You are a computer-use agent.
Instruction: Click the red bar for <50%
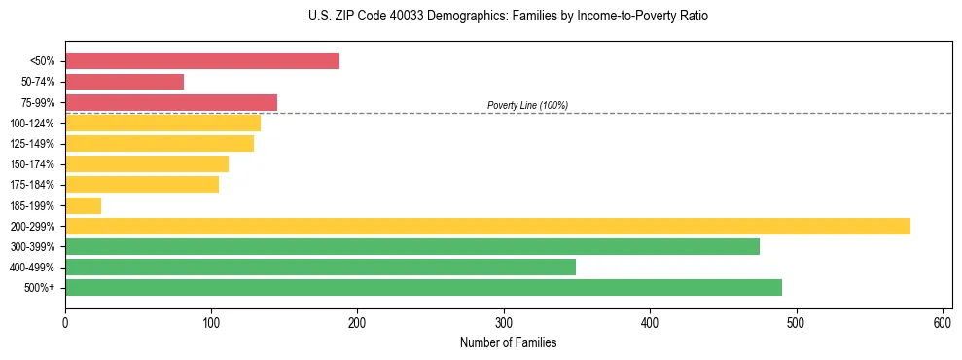pyautogui.click(x=202, y=61)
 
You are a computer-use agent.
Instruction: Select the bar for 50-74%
pyautogui.click(x=125, y=82)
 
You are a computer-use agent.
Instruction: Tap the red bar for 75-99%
pyautogui.click(x=171, y=102)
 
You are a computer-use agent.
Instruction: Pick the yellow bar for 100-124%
pyautogui.click(x=162, y=123)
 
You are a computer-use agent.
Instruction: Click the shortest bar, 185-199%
pyautogui.click(x=83, y=205)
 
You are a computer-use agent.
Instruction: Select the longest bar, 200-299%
pyautogui.click(x=487, y=226)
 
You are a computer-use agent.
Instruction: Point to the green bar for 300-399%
pyautogui.click(x=412, y=246)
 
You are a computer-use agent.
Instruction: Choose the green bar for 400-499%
pyautogui.click(x=320, y=267)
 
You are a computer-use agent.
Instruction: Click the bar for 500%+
pyautogui.click(x=423, y=287)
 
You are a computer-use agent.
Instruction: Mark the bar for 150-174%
pyautogui.click(x=147, y=164)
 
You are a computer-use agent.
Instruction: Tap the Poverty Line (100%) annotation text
pyautogui.click(x=527, y=105)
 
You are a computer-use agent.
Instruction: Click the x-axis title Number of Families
pyautogui.click(x=508, y=342)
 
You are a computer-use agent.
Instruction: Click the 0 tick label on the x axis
pyautogui.click(x=65, y=322)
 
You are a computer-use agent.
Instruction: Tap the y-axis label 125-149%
pyautogui.click(x=32, y=144)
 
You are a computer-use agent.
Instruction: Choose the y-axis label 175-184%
pyautogui.click(x=32, y=185)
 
